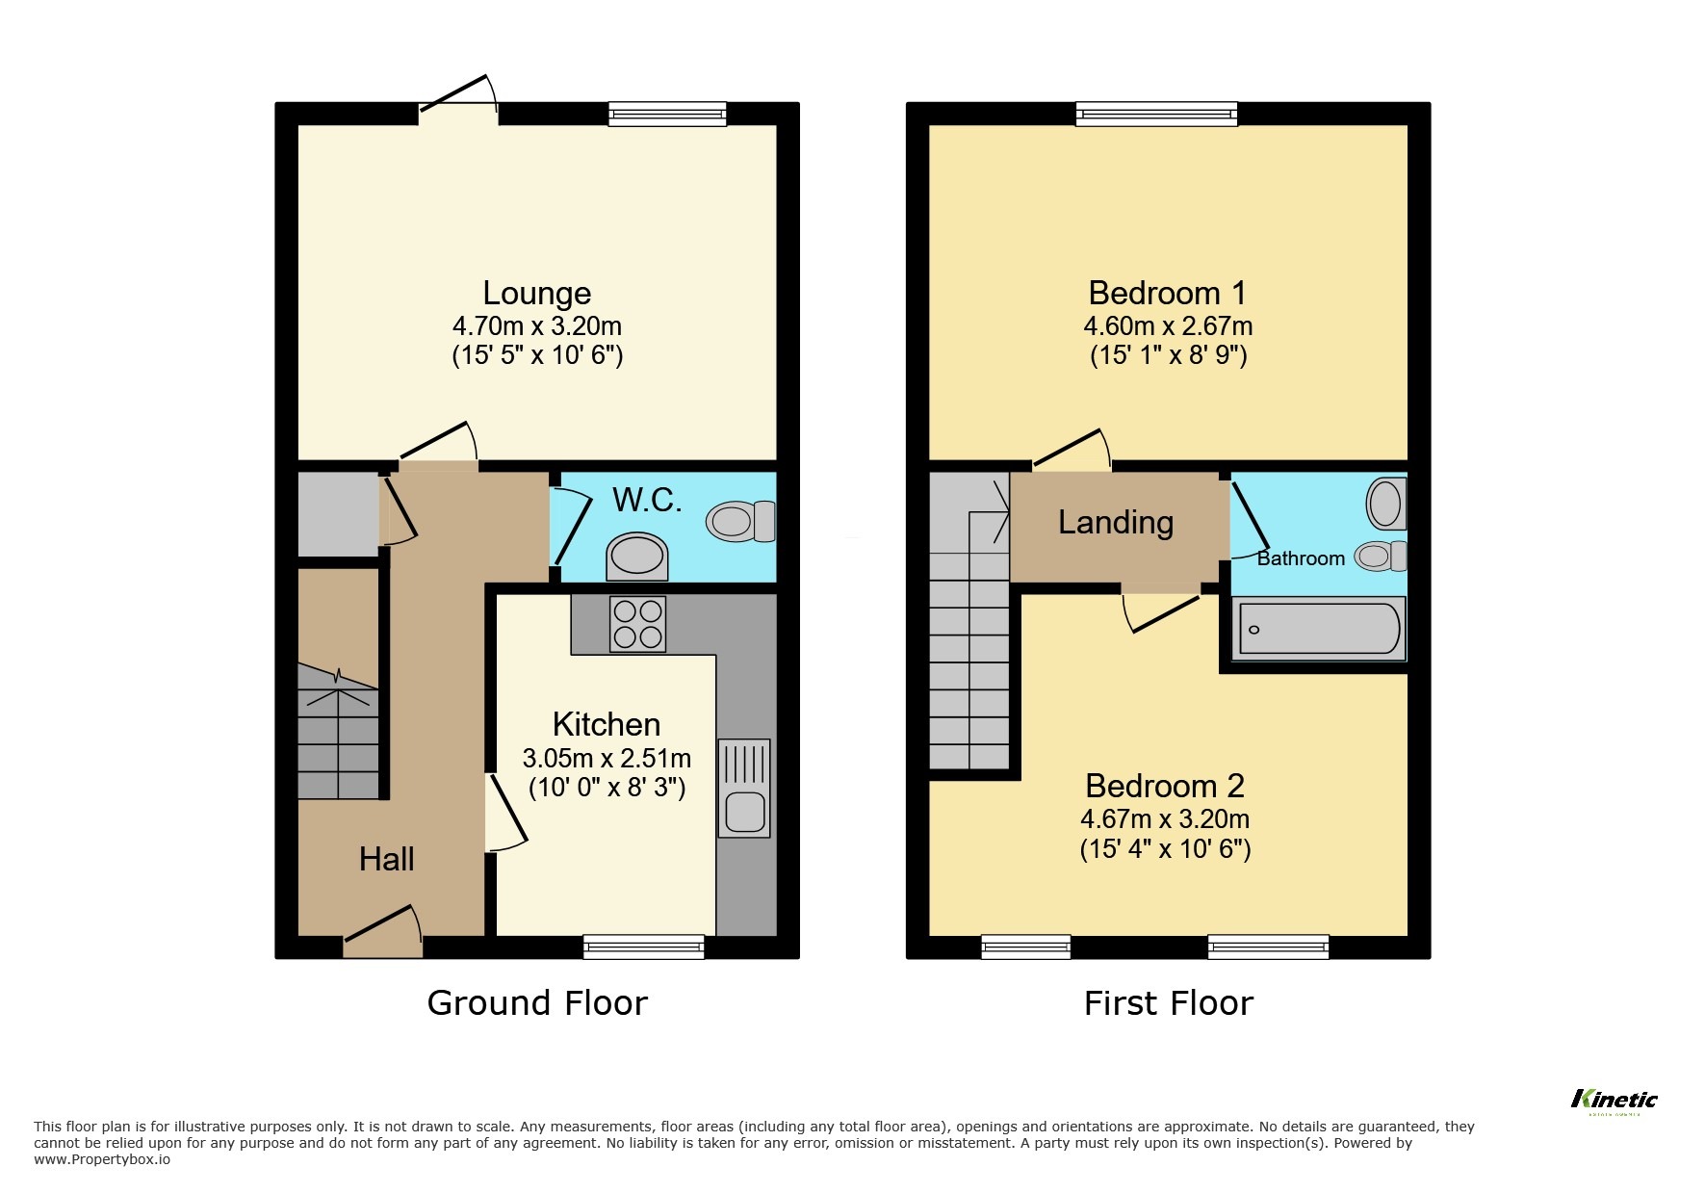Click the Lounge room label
pos(536,293)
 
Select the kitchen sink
pos(744,788)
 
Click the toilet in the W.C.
pos(739,521)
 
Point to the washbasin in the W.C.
pos(637,557)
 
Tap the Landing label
pos(1115,522)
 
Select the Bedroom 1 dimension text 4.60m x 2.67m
pos(1168,325)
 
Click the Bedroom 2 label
pos(1164,786)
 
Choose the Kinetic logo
pos(1615,1100)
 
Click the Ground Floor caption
pos(537,1003)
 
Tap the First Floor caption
pos(1168,1003)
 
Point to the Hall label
pos(386,859)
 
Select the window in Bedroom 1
pos(1156,115)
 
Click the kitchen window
pos(643,947)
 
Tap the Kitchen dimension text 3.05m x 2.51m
pos(607,758)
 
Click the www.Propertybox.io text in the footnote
pos(102,1159)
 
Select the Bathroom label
pos(1300,558)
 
